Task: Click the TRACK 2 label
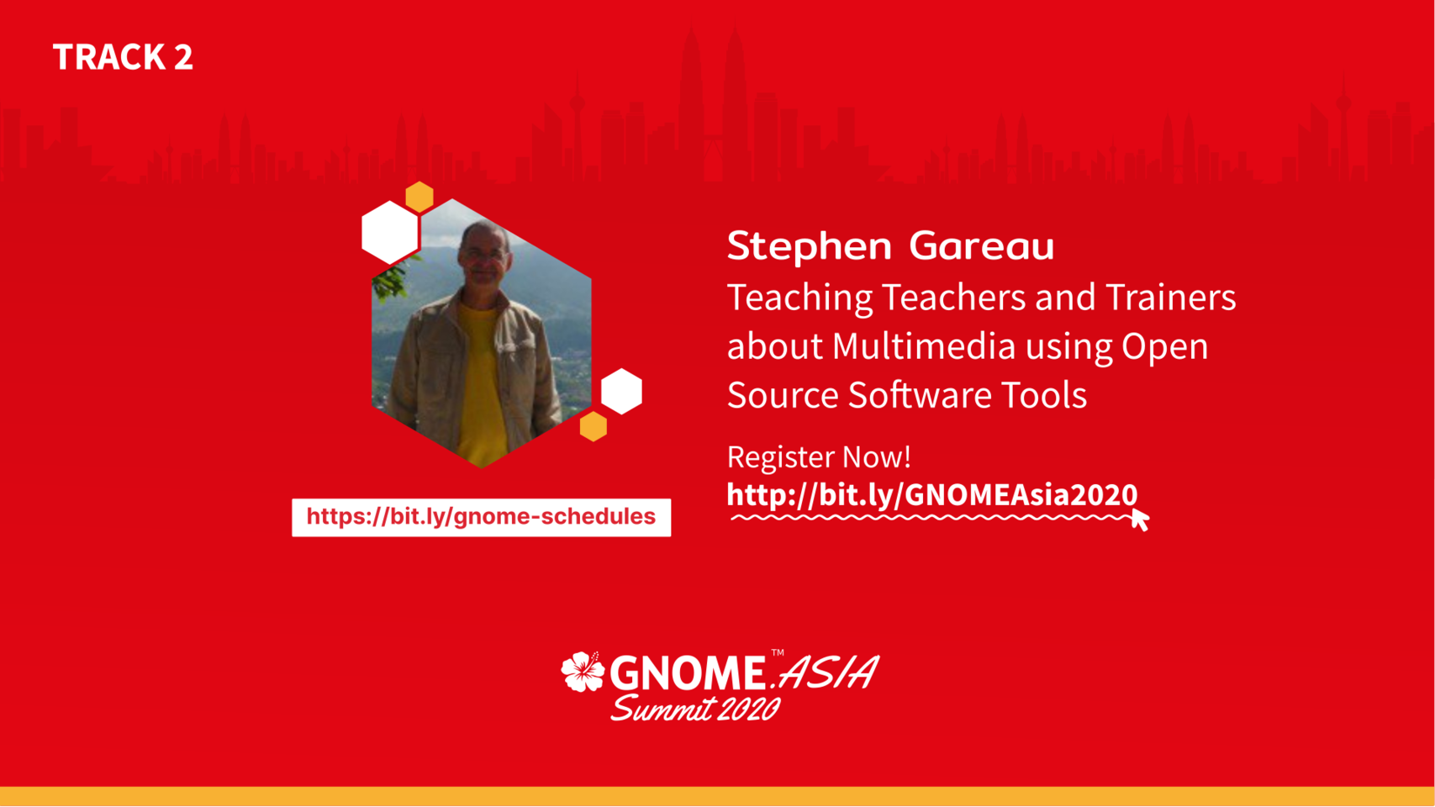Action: pyautogui.click(x=123, y=56)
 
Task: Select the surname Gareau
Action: pyautogui.click(x=981, y=245)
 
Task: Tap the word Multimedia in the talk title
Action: pyautogui.click(x=924, y=345)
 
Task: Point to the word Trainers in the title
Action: pyautogui.click(x=1171, y=298)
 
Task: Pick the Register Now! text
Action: pyautogui.click(x=819, y=456)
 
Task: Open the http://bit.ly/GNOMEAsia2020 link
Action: pyautogui.click(x=932, y=495)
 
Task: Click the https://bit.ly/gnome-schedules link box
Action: pyautogui.click(x=481, y=518)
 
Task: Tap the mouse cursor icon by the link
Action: pyautogui.click(x=1140, y=519)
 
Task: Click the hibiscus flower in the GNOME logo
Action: pyautogui.click(x=583, y=672)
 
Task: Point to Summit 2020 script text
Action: pyautogui.click(x=695, y=709)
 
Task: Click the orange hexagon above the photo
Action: pyautogui.click(x=419, y=197)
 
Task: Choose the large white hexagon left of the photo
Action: pyautogui.click(x=390, y=233)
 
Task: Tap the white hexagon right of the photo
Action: pyautogui.click(x=621, y=392)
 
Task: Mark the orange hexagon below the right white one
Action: pyautogui.click(x=594, y=426)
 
